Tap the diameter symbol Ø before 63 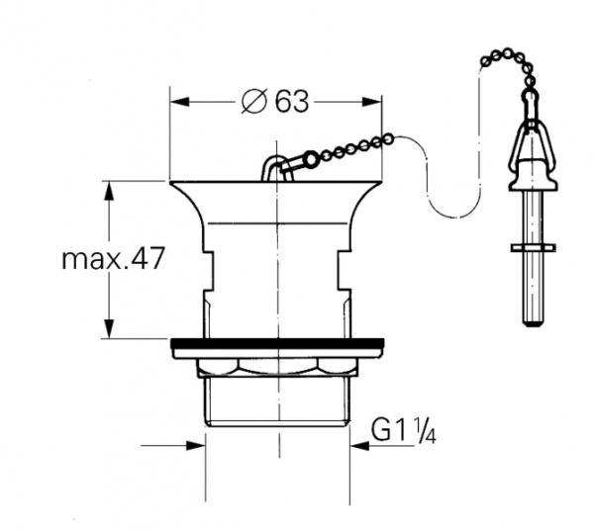point(253,101)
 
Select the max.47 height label point(112,259)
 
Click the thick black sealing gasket point(277,346)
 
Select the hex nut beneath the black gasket point(277,366)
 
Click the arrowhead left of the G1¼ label point(358,445)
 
